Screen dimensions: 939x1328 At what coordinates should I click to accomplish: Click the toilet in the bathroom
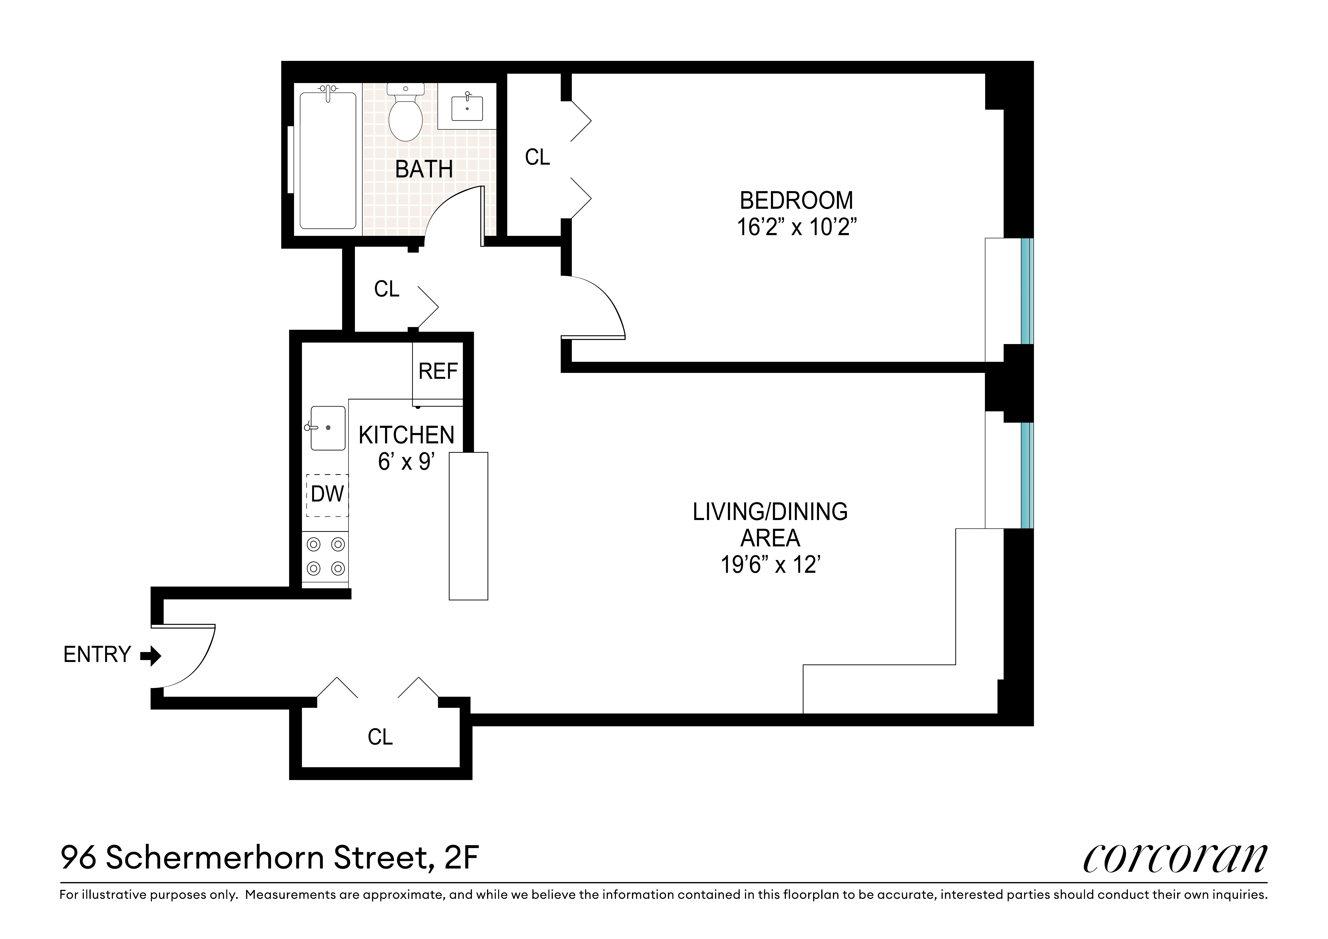click(x=405, y=116)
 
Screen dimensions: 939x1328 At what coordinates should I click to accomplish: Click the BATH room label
click(x=424, y=169)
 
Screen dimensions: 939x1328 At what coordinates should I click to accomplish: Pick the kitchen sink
click(x=328, y=428)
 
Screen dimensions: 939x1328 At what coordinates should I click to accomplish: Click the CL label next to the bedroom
click(x=537, y=157)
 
